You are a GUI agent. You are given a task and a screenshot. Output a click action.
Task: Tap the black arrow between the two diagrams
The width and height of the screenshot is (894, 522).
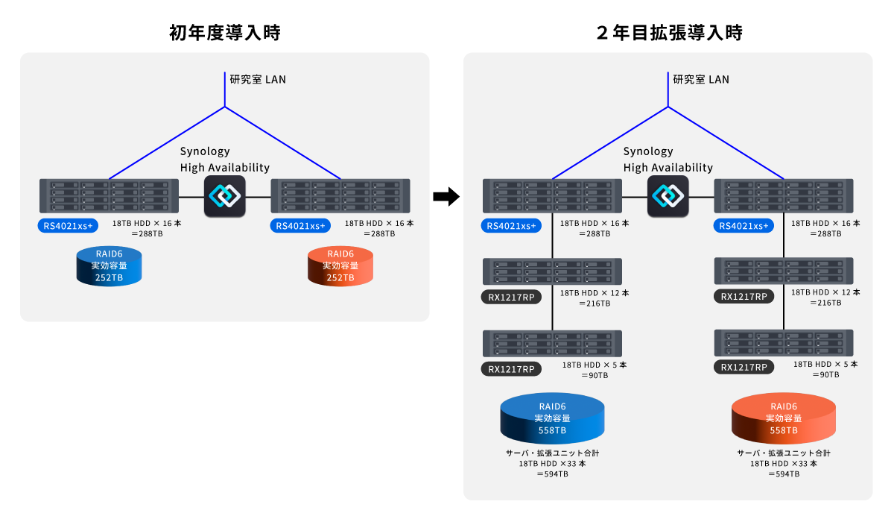click(446, 197)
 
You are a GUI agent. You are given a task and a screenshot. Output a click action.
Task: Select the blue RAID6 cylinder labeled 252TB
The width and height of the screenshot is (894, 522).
click(109, 267)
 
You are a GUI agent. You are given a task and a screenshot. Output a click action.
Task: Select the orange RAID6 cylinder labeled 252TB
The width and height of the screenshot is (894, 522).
click(340, 267)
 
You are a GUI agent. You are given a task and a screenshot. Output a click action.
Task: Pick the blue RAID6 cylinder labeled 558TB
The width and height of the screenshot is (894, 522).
click(552, 418)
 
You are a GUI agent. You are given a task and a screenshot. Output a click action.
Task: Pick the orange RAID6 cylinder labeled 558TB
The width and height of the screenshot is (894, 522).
click(784, 418)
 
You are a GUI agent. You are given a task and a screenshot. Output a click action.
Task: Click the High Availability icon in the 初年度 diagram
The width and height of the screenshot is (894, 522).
click(225, 196)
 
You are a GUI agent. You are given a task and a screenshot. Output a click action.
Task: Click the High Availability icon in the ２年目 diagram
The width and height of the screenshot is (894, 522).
click(668, 196)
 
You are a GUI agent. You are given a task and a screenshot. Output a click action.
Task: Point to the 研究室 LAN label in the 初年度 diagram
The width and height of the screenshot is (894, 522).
click(257, 79)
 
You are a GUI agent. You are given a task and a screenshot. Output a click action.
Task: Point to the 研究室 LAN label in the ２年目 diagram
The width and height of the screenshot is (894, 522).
click(701, 79)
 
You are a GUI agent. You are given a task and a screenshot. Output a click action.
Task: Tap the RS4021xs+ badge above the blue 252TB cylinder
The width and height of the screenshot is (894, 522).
click(69, 225)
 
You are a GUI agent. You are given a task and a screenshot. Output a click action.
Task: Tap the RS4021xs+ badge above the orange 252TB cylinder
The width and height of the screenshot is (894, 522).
click(301, 225)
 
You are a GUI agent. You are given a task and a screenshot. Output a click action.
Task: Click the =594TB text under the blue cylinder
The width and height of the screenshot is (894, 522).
click(552, 474)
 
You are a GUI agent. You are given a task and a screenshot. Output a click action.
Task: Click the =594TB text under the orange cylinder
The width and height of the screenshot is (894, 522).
click(784, 474)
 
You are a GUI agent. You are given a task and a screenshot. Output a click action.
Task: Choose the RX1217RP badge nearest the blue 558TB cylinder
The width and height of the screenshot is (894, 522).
click(512, 368)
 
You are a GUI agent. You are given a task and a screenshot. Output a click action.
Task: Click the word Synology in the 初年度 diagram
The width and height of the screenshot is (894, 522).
click(205, 151)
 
